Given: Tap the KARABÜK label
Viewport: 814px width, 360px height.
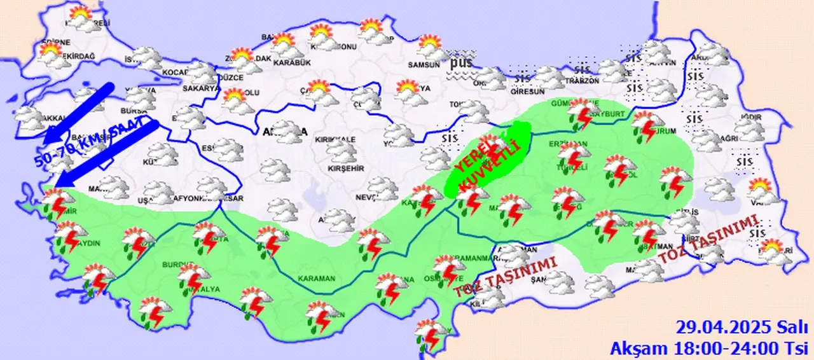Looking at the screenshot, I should [291, 62].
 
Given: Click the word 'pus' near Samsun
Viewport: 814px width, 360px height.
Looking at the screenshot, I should [462, 64].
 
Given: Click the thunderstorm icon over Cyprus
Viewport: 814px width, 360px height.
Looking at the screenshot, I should [431, 334].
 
